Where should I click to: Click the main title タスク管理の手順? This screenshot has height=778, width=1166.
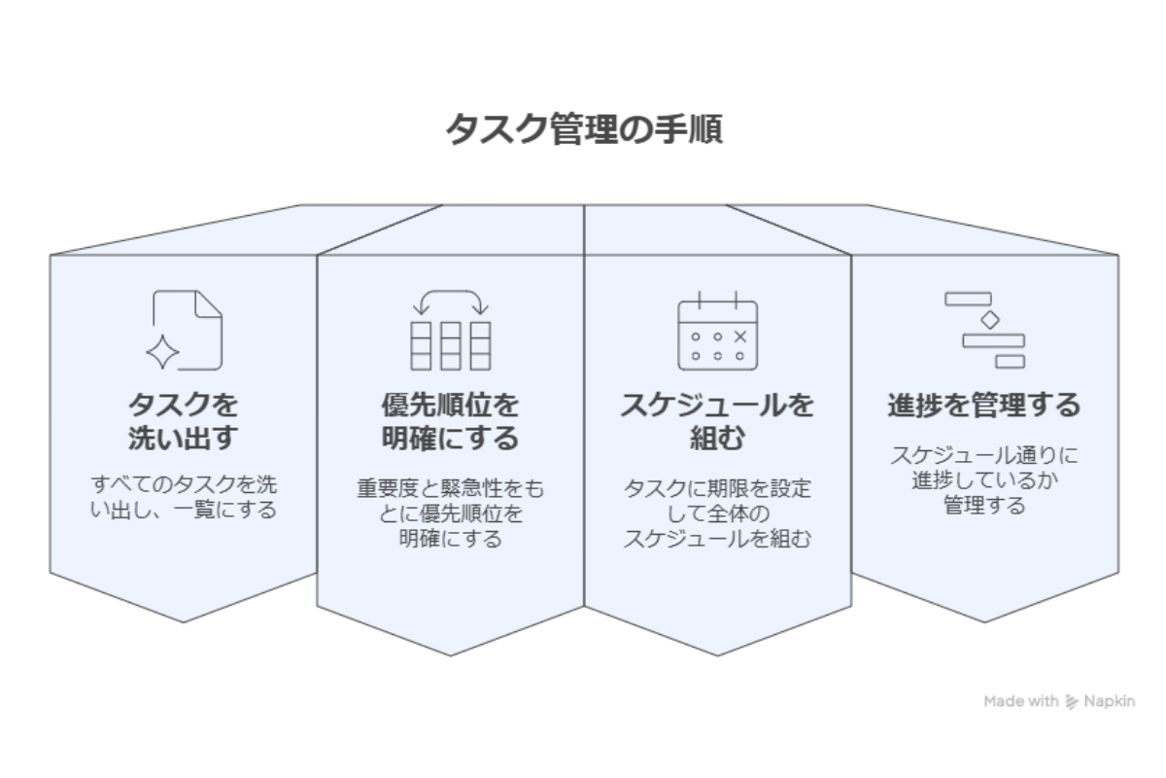click(583, 129)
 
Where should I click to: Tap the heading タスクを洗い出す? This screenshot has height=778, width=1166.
click(184, 420)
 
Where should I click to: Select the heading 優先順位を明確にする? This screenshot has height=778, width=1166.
click(450, 420)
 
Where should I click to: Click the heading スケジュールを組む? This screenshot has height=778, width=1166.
click(717, 420)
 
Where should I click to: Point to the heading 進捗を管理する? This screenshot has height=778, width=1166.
click(983, 405)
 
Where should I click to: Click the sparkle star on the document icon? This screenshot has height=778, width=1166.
click(162, 352)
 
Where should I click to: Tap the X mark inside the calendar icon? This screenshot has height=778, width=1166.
click(740, 336)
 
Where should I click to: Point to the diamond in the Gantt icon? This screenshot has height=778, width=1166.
click(989, 320)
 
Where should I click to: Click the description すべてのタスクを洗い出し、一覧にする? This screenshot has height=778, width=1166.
click(184, 496)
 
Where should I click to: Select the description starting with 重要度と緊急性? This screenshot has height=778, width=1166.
click(450, 513)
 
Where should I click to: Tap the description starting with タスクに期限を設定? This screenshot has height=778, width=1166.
click(717, 513)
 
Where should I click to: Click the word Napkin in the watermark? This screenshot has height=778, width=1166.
click(1110, 701)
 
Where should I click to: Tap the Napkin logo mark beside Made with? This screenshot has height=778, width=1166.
click(1072, 701)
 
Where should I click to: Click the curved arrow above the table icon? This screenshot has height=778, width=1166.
click(450, 301)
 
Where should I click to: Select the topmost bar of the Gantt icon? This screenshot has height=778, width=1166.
click(968, 299)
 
